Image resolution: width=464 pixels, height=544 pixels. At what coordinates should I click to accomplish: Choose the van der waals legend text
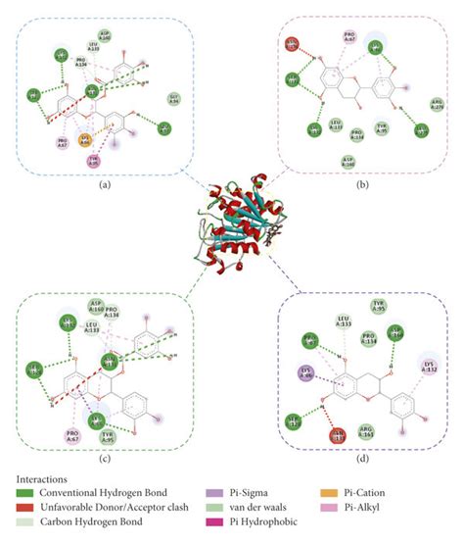[x=219, y=506]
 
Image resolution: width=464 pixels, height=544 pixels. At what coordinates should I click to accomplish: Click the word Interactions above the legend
[x=43, y=477]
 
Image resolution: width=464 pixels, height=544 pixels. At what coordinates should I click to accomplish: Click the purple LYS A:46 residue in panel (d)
[x=305, y=372]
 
